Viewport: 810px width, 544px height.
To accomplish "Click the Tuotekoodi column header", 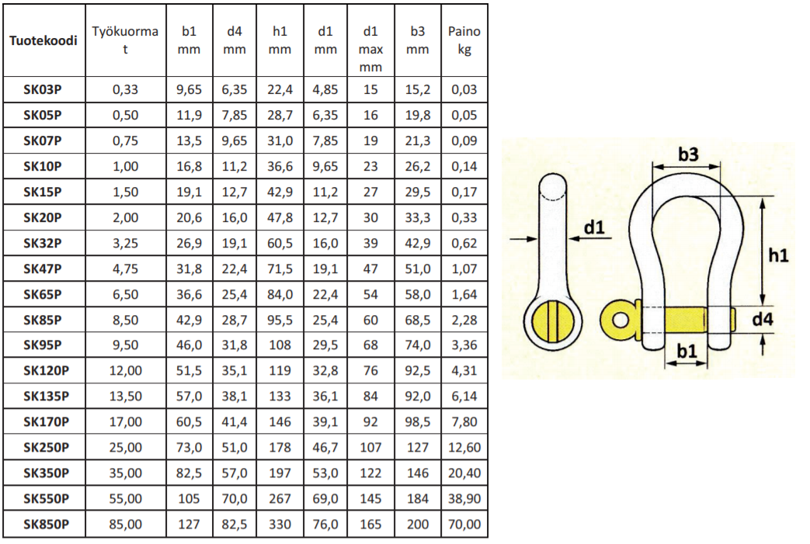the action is (x=43, y=40).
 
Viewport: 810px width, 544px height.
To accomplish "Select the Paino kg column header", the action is (x=464, y=40).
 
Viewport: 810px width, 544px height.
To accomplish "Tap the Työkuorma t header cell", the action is (x=125, y=40).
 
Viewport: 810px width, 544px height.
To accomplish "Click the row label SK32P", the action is (x=43, y=243).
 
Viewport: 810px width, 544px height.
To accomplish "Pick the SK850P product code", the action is (x=46, y=525).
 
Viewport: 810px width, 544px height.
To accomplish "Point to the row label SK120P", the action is (x=46, y=371).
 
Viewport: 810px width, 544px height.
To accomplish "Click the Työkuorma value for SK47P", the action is (x=126, y=269).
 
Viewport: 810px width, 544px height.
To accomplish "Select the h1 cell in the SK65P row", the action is (x=280, y=294).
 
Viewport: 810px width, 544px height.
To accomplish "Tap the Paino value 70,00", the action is (x=464, y=525).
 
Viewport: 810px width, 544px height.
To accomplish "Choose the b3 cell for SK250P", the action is (x=417, y=447).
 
